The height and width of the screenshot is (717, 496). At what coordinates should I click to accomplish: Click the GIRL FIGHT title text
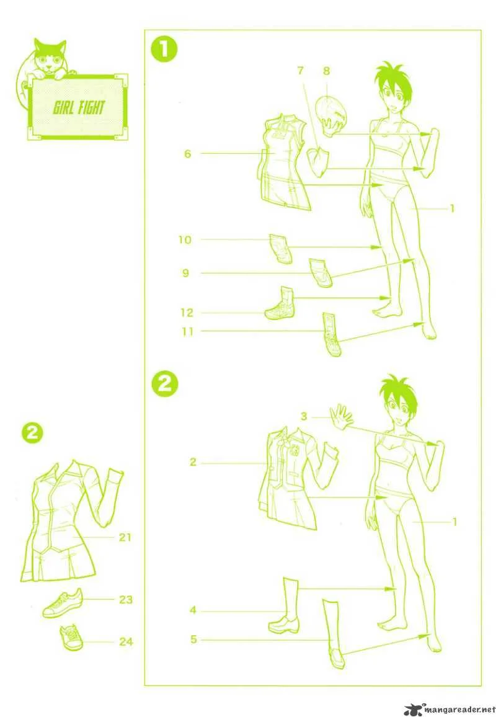pos(79,108)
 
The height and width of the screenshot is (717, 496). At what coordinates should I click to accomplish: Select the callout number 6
pos(187,154)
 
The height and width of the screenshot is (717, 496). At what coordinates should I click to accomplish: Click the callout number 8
pos(326,71)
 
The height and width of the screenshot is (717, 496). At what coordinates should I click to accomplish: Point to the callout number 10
pos(185,239)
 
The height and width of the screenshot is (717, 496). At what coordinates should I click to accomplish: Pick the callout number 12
pos(187,313)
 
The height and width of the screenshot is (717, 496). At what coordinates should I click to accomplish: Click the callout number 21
pos(125,537)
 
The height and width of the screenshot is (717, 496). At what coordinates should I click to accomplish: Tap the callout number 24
pos(126,642)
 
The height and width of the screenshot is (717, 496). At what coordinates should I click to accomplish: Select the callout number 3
pos(304,416)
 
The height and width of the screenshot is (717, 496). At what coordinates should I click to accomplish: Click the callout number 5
pos(193,639)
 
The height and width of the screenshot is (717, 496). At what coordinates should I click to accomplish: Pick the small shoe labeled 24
pos(71,638)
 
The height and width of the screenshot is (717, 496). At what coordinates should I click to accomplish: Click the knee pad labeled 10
pos(281,249)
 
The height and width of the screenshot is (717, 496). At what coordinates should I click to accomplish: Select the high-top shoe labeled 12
pos(280,303)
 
